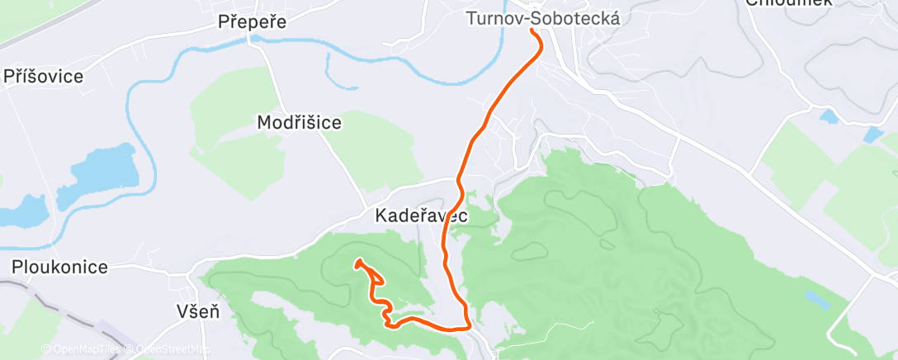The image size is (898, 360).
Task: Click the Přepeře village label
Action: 253,22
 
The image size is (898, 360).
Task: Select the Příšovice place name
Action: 44,77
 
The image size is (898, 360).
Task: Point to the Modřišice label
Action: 299,122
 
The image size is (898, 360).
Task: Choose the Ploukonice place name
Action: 59,267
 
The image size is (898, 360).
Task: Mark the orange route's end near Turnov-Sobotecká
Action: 532,31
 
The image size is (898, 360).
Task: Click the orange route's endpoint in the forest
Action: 358,263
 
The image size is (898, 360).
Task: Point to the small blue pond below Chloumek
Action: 827,116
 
